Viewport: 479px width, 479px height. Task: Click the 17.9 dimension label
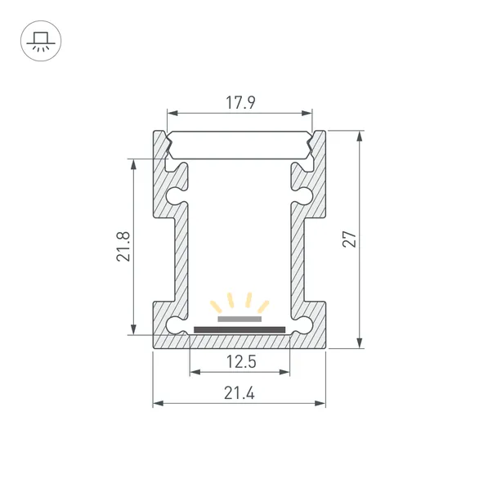240,103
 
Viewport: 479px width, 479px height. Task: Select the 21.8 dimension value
123,246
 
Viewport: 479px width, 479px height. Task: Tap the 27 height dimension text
350,239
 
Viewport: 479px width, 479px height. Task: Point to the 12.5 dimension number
241,361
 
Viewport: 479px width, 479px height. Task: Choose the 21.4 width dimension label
239,393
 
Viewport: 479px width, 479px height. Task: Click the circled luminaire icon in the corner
41,41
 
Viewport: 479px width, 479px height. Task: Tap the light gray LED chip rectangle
239,320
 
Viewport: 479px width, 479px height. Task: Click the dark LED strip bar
239,329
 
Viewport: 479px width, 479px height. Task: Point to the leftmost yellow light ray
216,307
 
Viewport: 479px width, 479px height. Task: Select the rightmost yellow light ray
263,307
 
